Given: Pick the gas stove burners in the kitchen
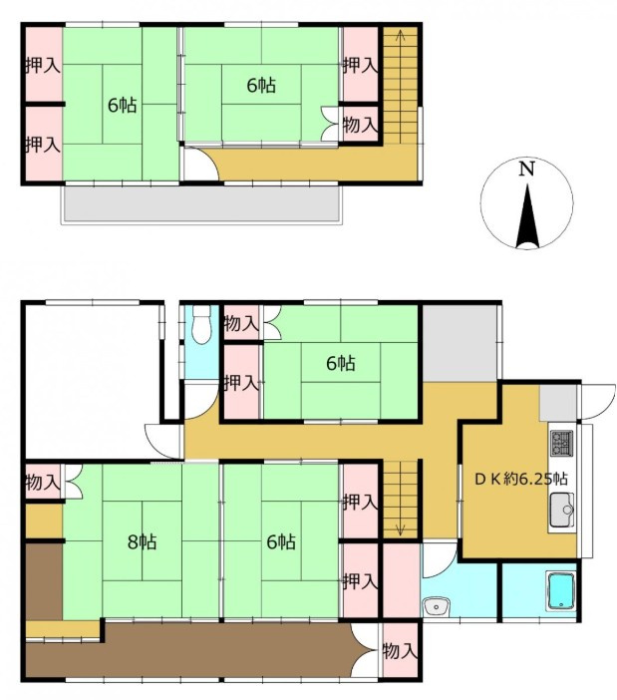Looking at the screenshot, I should [x=560, y=442].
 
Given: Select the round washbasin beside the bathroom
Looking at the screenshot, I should [x=435, y=605].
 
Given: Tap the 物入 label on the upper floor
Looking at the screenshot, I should [x=360, y=125].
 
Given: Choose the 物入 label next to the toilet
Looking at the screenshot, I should [x=241, y=324].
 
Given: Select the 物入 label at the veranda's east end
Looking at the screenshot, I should [x=400, y=651].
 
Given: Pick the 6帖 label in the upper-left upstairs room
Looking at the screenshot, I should [x=123, y=105].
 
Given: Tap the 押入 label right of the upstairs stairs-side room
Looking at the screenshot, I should [x=360, y=65].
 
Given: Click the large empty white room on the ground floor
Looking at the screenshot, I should [x=90, y=379].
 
